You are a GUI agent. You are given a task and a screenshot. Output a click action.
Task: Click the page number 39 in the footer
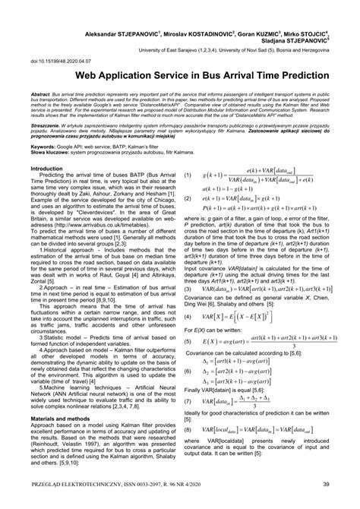click(x=325, y=485)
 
